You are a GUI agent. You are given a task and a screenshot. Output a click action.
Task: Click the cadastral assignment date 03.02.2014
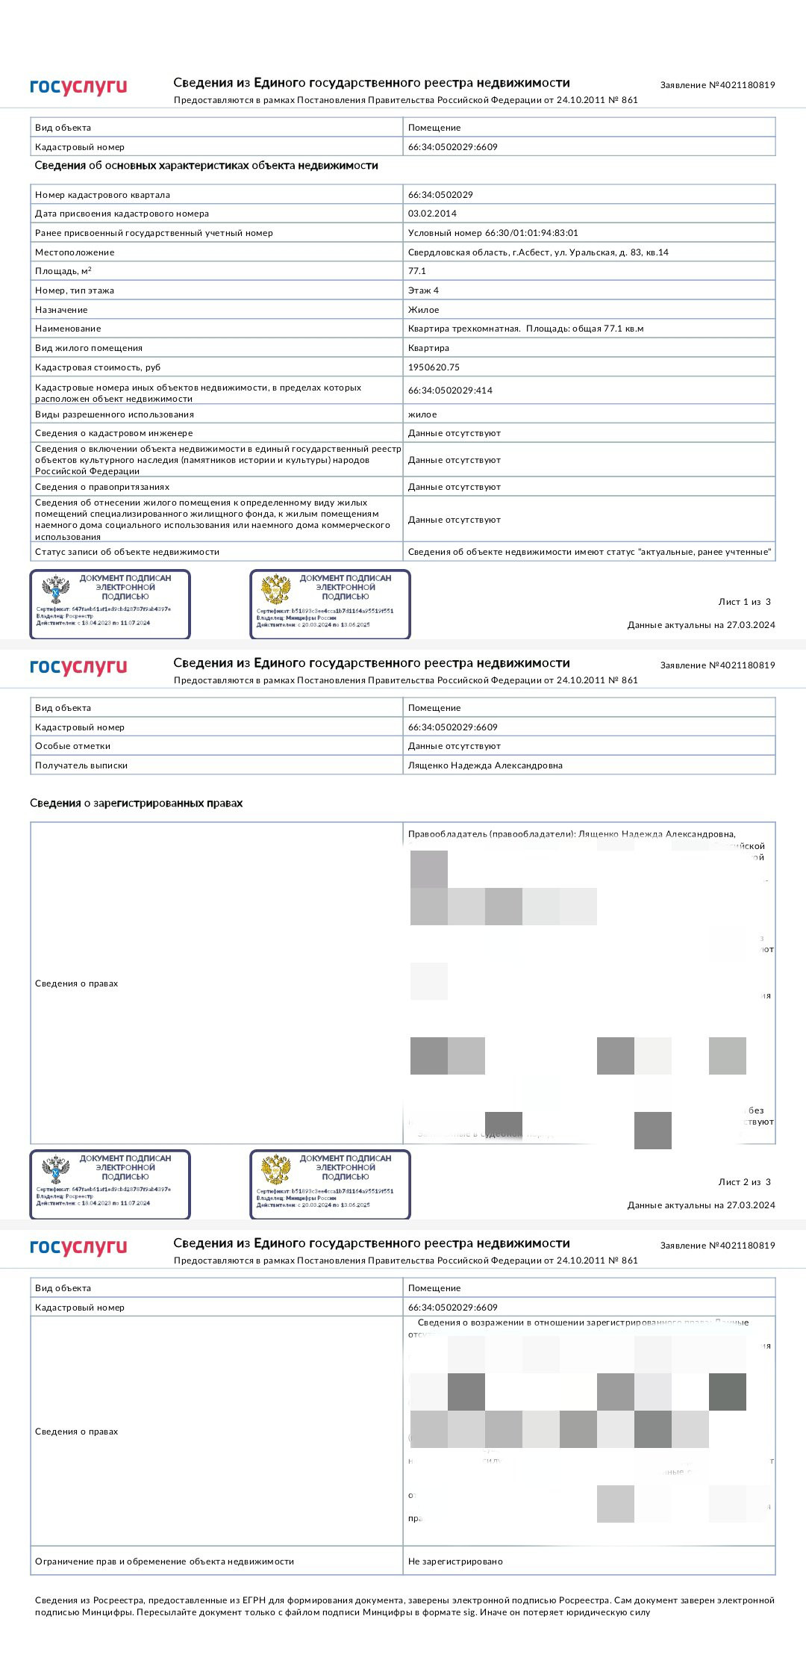pyautogui.click(x=432, y=214)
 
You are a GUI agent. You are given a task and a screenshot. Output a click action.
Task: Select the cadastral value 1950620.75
pyautogui.click(x=434, y=367)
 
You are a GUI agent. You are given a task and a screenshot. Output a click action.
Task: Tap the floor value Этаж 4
pyautogui.click(x=423, y=290)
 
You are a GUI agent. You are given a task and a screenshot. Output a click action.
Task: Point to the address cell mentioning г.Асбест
pyautogui.click(x=537, y=252)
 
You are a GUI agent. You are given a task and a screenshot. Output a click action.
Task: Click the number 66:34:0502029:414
pyautogui.click(x=450, y=391)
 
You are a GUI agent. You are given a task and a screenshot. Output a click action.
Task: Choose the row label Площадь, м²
pyautogui.click(x=63, y=271)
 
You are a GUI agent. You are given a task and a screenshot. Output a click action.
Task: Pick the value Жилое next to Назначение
pyautogui.click(x=423, y=310)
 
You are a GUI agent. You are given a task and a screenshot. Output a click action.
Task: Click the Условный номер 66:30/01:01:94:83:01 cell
pyautogui.click(x=493, y=233)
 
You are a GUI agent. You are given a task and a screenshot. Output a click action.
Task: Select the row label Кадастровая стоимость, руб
pyautogui.click(x=98, y=367)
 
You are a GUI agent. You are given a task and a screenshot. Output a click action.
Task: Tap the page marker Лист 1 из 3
pyautogui.click(x=744, y=602)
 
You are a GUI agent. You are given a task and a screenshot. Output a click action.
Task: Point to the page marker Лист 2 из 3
pyautogui.click(x=744, y=1182)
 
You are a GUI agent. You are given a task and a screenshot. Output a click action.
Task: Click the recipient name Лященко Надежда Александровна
pyautogui.click(x=485, y=765)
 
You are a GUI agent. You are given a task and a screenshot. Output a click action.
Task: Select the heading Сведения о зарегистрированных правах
pyautogui.click(x=136, y=804)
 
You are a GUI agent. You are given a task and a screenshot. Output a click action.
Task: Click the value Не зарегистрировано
pyautogui.click(x=455, y=1561)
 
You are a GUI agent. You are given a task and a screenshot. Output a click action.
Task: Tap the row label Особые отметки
pyautogui.click(x=72, y=746)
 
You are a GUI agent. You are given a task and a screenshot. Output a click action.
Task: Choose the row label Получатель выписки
pyautogui.click(x=81, y=765)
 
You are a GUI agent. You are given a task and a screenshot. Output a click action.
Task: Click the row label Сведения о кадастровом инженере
pyautogui.click(x=113, y=433)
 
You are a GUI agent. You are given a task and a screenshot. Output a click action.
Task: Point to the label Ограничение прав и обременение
pyautogui.click(x=164, y=1561)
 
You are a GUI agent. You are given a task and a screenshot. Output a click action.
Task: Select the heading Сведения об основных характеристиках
pyautogui.click(x=206, y=166)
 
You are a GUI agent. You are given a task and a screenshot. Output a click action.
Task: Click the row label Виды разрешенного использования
pyautogui.click(x=114, y=414)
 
